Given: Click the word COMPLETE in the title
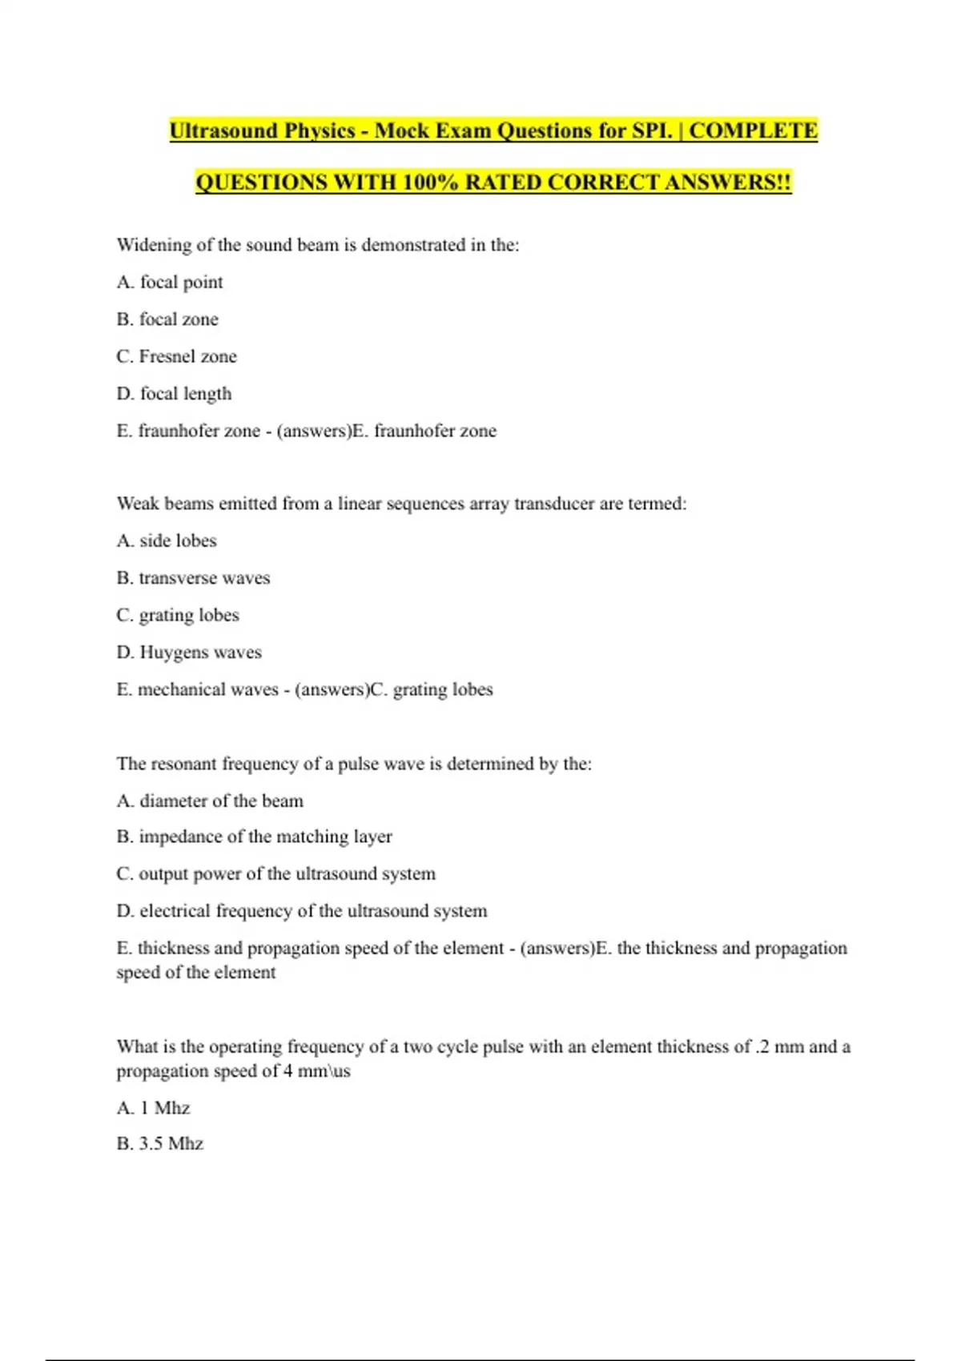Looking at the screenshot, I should (753, 130).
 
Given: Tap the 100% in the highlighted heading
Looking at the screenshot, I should (430, 183).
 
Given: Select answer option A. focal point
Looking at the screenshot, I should (170, 282).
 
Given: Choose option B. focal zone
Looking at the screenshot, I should (167, 319).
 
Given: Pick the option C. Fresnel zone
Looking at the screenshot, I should (176, 356).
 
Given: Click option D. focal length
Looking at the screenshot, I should (174, 394).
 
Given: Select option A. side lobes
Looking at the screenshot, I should (167, 541).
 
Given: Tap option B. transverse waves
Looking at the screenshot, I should (193, 578).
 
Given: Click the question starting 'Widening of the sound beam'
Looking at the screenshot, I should (318, 245).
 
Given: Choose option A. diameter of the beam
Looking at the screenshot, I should (210, 801).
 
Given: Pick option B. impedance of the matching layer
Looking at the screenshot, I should (254, 837).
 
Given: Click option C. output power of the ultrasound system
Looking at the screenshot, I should (275, 873).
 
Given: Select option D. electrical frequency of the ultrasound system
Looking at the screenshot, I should (301, 911).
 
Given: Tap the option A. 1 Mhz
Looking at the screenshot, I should (153, 1108).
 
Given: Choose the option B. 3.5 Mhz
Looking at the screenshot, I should (159, 1143).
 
